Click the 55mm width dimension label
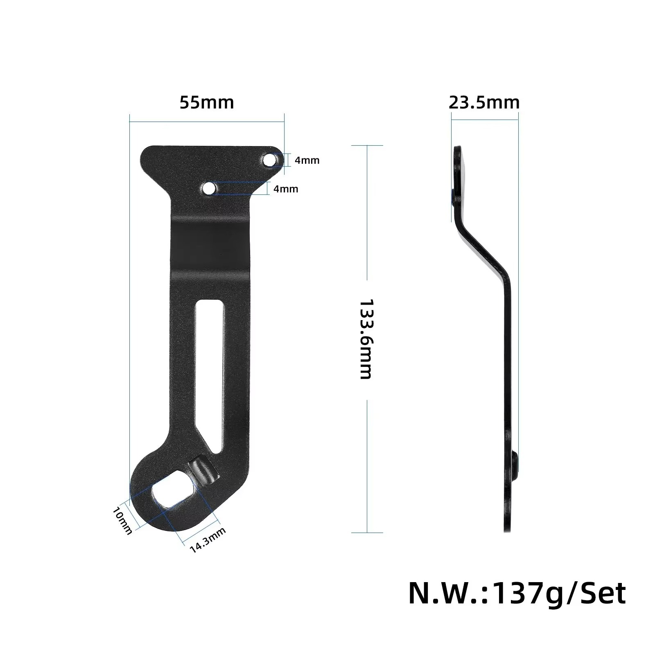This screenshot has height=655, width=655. (x=207, y=102)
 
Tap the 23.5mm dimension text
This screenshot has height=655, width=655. (x=484, y=102)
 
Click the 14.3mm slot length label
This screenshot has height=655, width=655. (x=208, y=540)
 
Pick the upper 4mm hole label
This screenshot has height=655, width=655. (x=307, y=160)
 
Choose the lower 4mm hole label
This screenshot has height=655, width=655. (x=286, y=189)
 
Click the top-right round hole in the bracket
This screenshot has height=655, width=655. (x=269, y=160)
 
